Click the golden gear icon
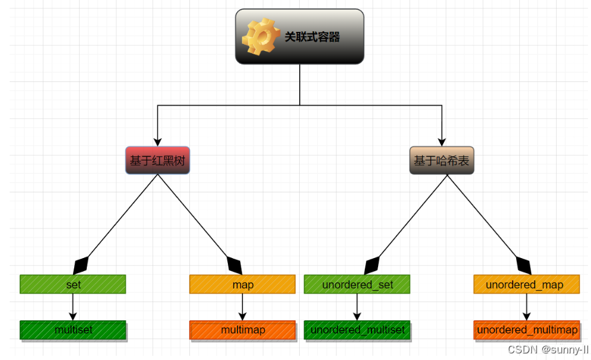[x=261, y=36]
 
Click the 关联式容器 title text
[x=312, y=37]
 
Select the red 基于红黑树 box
[x=157, y=160]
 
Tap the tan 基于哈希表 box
[x=441, y=160]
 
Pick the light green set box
[x=73, y=285]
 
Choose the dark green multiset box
[x=73, y=330]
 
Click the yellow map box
[x=242, y=285]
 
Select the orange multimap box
[x=242, y=330]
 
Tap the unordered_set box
[x=357, y=285]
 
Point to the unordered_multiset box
[x=357, y=330]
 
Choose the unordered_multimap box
[x=526, y=330]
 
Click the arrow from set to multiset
[x=73, y=307]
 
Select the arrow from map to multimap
[x=242, y=307]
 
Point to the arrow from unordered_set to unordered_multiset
[x=357, y=307]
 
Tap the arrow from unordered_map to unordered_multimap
[x=526, y=307]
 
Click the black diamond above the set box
[x=81, y=265]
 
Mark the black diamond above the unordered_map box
[x=523, y=265]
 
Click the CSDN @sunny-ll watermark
[x=547, y=349]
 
